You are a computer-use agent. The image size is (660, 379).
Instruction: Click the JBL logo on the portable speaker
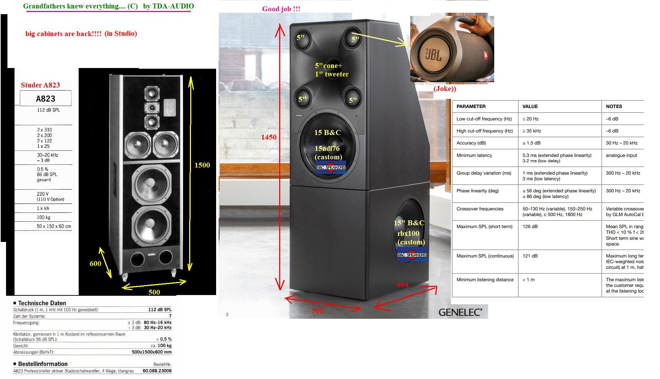tap(433, 55)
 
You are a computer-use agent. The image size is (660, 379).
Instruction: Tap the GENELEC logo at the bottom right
tap(460, 312)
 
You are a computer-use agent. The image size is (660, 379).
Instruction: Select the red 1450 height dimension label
tap(269, 137)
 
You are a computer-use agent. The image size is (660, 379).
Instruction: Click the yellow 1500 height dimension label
tap(202, 165)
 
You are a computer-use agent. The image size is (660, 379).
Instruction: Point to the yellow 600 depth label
tap(95, 264)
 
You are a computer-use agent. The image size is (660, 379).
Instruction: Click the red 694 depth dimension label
tap(402, 285)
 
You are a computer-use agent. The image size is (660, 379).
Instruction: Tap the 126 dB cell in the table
tap(530, 227)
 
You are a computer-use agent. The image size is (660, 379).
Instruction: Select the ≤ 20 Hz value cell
tap(530, 119)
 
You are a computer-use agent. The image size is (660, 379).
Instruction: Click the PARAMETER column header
tap(471, 106)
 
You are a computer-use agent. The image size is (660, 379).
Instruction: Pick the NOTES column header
tap(614, 106)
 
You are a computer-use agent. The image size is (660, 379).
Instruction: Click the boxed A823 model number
tap(46, 98)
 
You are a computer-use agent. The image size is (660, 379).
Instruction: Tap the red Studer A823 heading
tap(40, 85)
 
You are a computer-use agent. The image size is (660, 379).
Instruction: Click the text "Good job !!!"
tap(281, 9)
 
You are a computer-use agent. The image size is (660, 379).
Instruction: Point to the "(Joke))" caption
tap(445, 89)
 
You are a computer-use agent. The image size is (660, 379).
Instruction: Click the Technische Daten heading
tap(42, 303)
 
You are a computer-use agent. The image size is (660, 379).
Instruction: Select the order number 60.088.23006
tap(157, 371)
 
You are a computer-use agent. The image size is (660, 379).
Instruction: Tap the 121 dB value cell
tap(530, 256)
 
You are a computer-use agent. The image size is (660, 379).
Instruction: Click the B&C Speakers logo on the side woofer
tap(412, 255)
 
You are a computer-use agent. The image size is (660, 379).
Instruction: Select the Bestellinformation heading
tap(43, 364)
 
